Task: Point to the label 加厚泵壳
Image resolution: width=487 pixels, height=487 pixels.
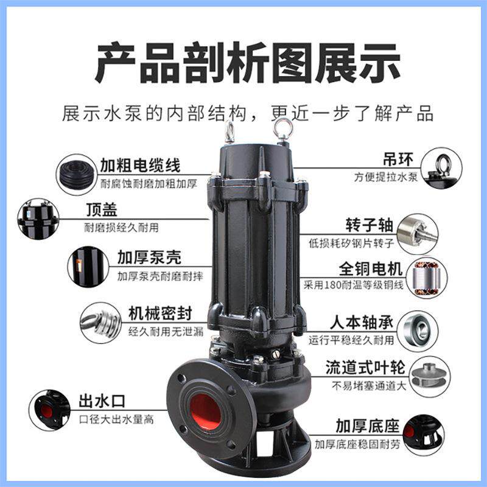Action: [149, 259]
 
